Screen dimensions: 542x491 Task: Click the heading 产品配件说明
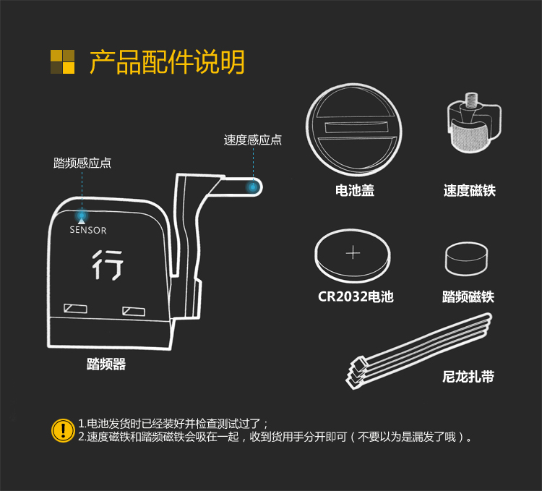point(167,62)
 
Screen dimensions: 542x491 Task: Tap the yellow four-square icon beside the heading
point(63,62)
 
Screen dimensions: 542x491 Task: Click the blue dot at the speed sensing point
point(253,187)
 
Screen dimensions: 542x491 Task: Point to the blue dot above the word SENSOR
point(82,215)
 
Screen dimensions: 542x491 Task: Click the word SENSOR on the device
point(88,230)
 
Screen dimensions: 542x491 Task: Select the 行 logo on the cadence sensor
point(108,265)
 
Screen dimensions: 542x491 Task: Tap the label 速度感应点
point(253,140)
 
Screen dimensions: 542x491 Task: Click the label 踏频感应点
point(82,163)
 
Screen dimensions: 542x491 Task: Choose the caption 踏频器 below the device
point(106,364)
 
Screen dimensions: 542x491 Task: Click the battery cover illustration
point(353,129)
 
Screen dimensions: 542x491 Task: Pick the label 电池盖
point(355,190)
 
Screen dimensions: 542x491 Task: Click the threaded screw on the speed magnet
point(471,101)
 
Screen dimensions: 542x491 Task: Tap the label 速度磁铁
point(470,190)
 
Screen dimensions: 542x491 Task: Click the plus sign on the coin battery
point(353,253)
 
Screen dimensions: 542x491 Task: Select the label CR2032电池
point(356,296)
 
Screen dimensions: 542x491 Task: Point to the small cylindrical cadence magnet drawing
point(467,259)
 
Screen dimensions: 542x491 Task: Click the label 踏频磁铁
point(468,297)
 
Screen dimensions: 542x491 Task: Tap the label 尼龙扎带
point(468,377)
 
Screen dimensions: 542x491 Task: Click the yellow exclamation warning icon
point(63,430)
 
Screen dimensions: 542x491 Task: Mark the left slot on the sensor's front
point(75,308)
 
